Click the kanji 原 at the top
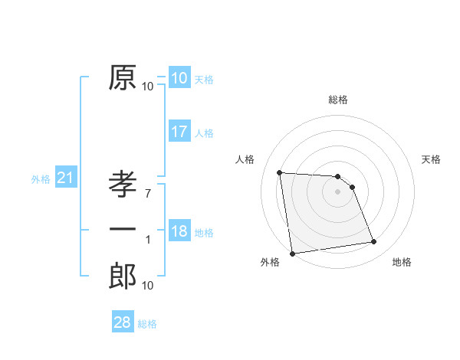(x=123, y=77)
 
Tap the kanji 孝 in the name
(x=123, y=185)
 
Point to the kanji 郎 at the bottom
(x=123, y=276)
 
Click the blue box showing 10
(x=179, y=78)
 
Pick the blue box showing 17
(x=179, y=132)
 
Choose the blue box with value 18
(x=179, y=231)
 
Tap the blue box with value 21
(x=65, y=178)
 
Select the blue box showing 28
(x=122, y=322)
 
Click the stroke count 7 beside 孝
(x=148, y=193)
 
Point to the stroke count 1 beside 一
(x=148, y=240)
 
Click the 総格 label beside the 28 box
(x=147, y=324)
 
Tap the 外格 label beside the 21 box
(x=41, y=179)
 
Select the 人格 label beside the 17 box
(x=204, y=133)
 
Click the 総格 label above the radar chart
(x=337, y=100)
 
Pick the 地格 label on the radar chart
(x=402, y=263)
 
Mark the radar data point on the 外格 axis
(x=291, y=254)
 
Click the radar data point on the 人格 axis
(x=280, y=172)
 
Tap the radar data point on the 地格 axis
(x=373, y=242)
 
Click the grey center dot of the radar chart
(x=337, y=191)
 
